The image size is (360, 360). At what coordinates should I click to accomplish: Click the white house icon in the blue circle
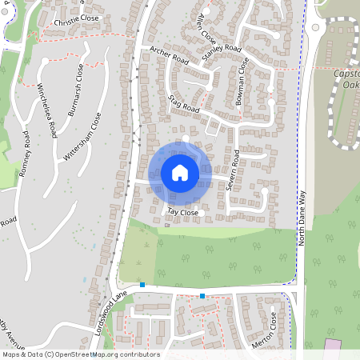tap(180, 172)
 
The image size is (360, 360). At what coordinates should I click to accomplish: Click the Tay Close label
tap(182, 213)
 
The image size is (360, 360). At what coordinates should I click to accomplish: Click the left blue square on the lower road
tap(142, 285)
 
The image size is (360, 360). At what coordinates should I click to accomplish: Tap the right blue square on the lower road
tap(202, 296)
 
